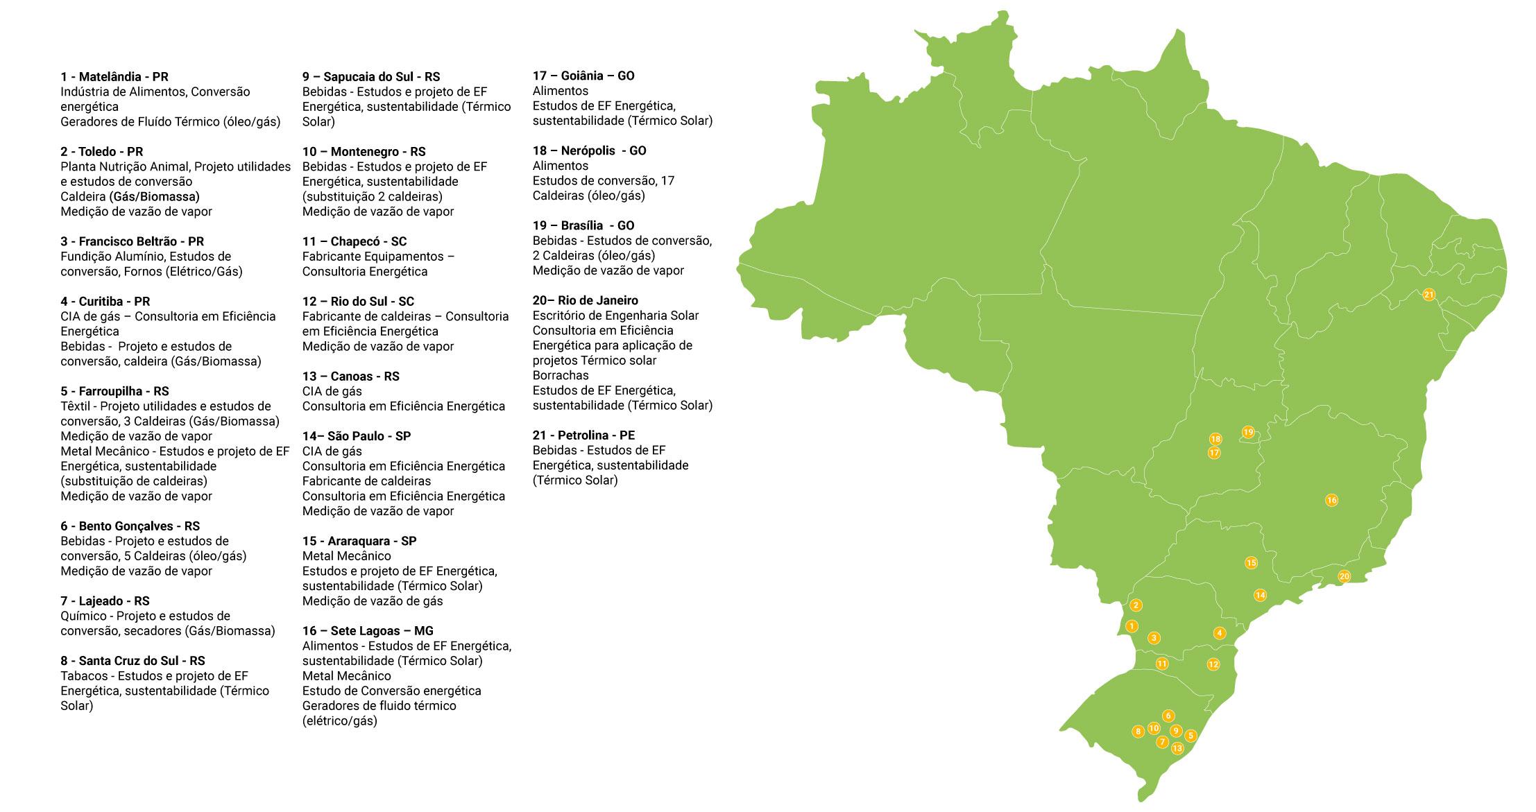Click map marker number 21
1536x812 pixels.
tap(1428, 295)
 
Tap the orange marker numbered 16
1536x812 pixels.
tap(1331, 500)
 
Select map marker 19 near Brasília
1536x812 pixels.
tap(1248, 432)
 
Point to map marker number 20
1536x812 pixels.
tap(1344, 576)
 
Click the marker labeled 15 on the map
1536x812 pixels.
tap(1251, 562)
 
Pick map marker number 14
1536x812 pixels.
tap(1260, 595)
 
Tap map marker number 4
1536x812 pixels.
tap(1219, 633)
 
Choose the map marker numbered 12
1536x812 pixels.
tap(1213, 664)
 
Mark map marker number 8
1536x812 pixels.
tap(1138, 731)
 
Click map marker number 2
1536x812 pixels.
tap(1136, 605)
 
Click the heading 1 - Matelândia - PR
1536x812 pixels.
tap(114, 77)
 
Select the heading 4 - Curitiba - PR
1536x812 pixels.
tap(105, 302)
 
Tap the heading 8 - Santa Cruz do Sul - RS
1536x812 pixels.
tap(133, 661)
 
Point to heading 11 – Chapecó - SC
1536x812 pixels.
tap(354, 241)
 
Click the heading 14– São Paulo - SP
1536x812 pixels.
tap(356, 436)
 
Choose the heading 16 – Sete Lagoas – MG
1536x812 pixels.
tap(367, 631)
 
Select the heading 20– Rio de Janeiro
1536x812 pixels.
tap(585, 300)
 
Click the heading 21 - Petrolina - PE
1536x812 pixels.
tap(583, 435)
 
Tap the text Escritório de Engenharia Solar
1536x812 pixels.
tap(615, 316)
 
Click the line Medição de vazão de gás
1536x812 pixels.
tap(372, 601)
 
